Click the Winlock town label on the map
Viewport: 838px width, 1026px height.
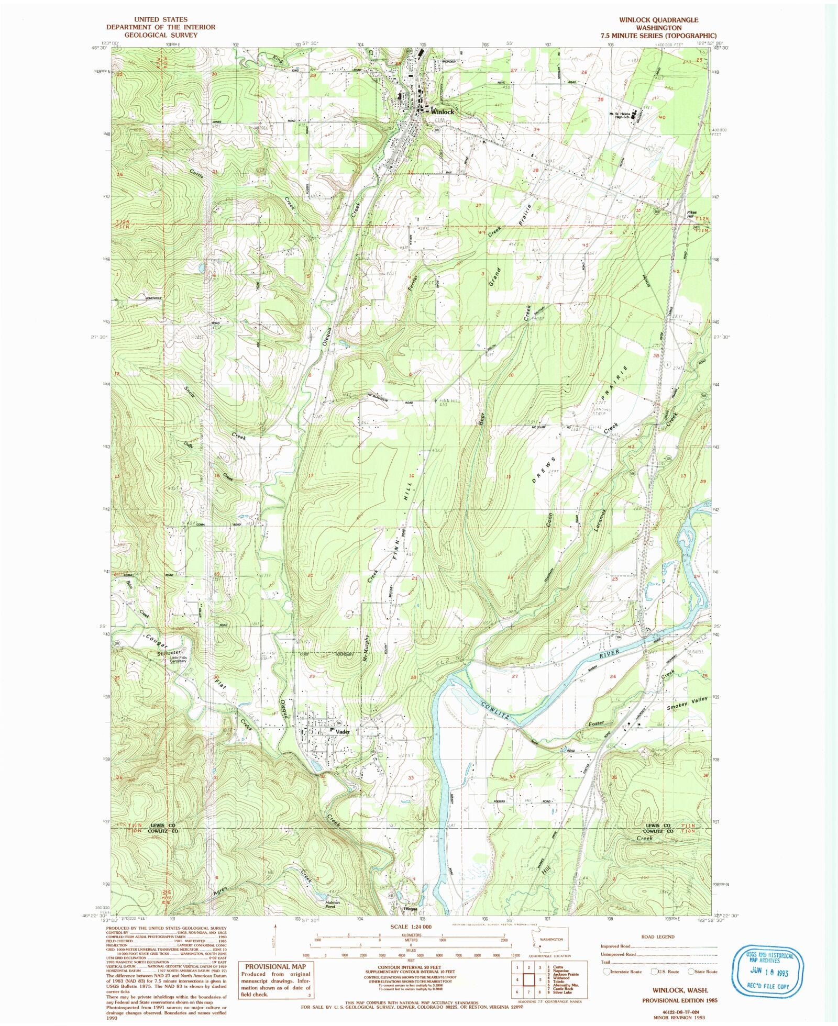(x=443, y=112)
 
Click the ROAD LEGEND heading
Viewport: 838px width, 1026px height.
(x=658, y=936)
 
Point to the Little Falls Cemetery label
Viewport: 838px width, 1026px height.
(x=175, y=660)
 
